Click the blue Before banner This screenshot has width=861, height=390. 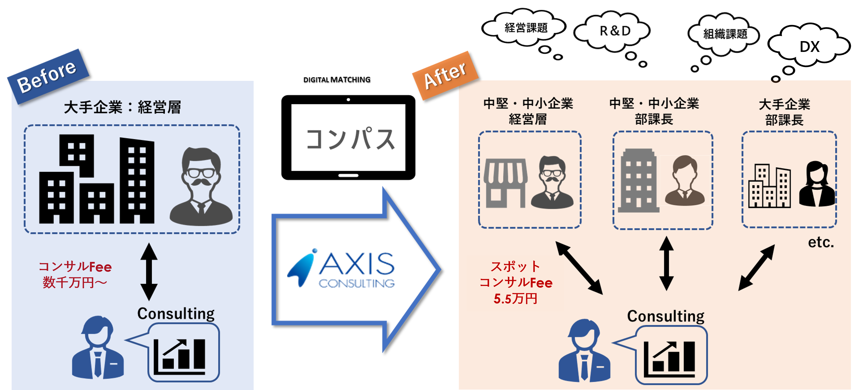(48, 76)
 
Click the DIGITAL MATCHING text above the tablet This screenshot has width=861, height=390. (337, 80)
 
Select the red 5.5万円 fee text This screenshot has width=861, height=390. (515, 298)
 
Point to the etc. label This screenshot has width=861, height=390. (821, 242)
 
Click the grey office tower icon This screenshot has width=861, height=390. (638, 180)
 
